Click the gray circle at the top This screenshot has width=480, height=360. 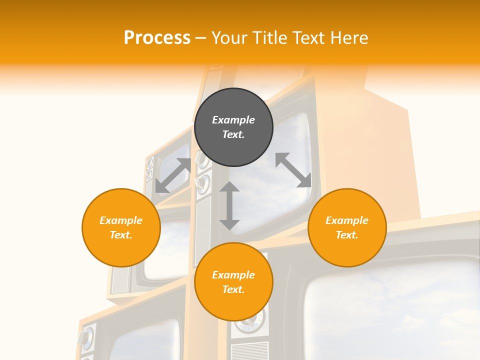click(233, 127)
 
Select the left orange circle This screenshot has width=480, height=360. click(121, 227)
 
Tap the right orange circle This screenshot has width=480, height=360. click(347, 227)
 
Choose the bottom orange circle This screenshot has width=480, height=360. click(233, 282)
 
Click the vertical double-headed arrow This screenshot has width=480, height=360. click(229, 205)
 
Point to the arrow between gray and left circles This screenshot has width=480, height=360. click(173, 175)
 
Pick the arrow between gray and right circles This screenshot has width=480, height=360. click(293, 170)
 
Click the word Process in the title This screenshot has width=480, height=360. click(157, 37)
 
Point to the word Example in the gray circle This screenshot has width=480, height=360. click(233, 120)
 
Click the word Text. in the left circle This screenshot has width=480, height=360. click(121, 235)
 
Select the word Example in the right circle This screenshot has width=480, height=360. click(347, 220)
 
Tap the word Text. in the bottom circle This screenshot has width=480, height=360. click(233, 289)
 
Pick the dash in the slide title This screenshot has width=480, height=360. click(201, 38)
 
